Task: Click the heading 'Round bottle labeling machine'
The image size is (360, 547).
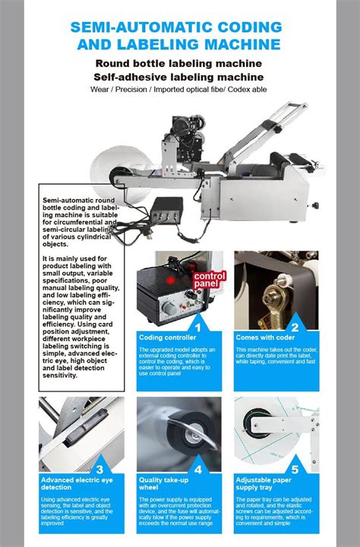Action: tap(179, 62)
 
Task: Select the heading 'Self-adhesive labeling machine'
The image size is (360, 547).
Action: tap(179, 77)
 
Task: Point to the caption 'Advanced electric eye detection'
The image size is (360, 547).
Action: tap(73, 483)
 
